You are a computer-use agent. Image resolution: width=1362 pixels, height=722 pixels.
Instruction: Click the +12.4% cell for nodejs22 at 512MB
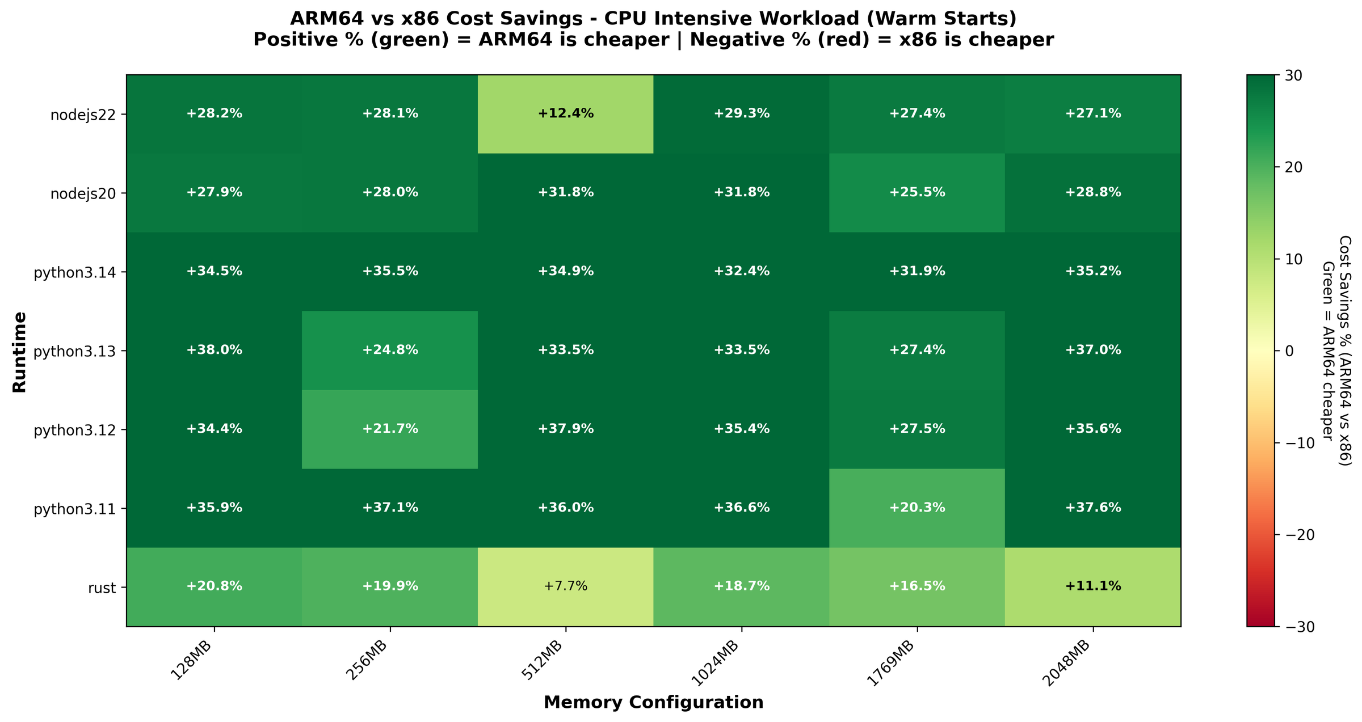click(565, 113)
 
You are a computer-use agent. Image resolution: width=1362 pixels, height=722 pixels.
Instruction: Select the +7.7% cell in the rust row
click(565, 586)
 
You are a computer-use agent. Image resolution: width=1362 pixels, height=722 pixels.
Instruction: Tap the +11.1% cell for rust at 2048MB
click(1092, 586)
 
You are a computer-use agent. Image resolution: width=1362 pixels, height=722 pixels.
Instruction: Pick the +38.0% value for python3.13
click(214, 350)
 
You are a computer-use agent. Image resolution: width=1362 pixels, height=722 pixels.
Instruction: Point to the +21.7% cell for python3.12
click(390, 429)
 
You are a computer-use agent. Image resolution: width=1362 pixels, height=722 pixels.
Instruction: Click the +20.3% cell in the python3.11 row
click(917, 508)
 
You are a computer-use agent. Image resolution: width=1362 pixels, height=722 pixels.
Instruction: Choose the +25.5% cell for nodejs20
click(917, 192)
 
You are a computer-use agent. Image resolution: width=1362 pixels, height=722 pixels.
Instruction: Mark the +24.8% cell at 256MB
click(390, 350)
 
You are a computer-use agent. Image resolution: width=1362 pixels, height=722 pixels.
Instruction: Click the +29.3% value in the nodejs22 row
click(741, 113)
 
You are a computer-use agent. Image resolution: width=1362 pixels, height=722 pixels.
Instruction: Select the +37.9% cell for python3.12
click(565, 429)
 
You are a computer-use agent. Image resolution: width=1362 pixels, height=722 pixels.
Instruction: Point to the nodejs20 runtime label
click(83, 193)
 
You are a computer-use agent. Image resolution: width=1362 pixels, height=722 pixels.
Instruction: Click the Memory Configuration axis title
click(653, 703)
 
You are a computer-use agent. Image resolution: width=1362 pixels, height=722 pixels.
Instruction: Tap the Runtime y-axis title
click(20, 351)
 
